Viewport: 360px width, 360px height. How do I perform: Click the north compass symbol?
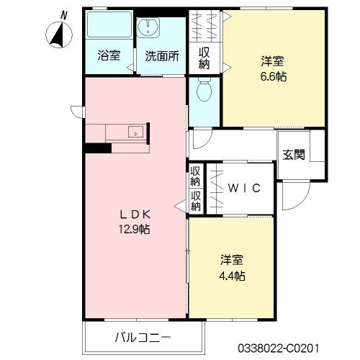click(x=59, y=35)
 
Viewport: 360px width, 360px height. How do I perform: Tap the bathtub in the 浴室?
click(x=109, y=24)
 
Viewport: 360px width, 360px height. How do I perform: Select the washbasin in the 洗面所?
click(x=148, y=27)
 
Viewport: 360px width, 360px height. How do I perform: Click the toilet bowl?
click(x=204, y=89)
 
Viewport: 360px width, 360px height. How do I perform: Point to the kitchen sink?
click(x=135, y=132)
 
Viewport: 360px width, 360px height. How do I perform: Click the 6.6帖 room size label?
click(x=274, y=77)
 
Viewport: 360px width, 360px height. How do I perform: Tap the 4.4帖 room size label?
click(x=232, y=276)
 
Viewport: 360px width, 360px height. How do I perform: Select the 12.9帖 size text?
click(x=134, y=230)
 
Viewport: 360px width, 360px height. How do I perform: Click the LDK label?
click(x=135, y=215)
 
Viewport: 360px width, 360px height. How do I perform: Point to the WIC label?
click(x=244, y=188)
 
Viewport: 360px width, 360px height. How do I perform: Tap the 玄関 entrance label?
click(x=294, y=155)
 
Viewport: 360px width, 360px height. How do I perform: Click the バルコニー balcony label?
click(x=143, y=338)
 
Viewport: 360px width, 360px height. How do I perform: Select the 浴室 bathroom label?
click(x=109, y=55)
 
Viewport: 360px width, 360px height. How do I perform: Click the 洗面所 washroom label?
click(x=162, y=56)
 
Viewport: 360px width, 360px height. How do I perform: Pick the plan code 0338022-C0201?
click(x=279, y=348)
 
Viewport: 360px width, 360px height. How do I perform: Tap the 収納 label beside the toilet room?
click(x=204, y=58)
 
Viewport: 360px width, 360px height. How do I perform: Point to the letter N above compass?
click(x=63, y=15)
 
